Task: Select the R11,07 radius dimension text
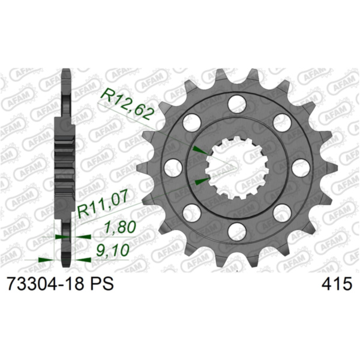(103, 205)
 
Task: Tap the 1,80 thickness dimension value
(119, 227)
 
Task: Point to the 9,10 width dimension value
(113, 250)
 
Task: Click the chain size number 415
(337, 284)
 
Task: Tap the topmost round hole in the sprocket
(237, 104)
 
